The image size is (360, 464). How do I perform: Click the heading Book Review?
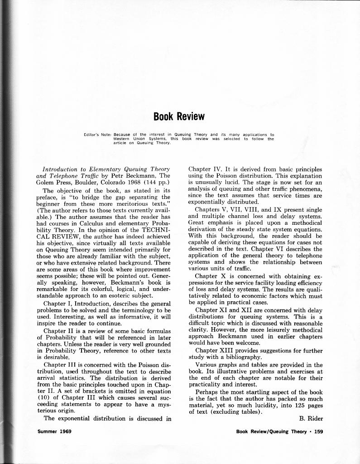(179, 116)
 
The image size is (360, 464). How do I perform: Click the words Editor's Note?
(97, 135)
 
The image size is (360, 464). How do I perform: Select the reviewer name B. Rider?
(311, 418)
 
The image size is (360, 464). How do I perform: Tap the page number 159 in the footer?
(318, 431)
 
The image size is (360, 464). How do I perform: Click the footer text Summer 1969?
(54, 431)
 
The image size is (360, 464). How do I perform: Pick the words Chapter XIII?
(212, 351)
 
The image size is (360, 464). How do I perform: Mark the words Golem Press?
(54, 183)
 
